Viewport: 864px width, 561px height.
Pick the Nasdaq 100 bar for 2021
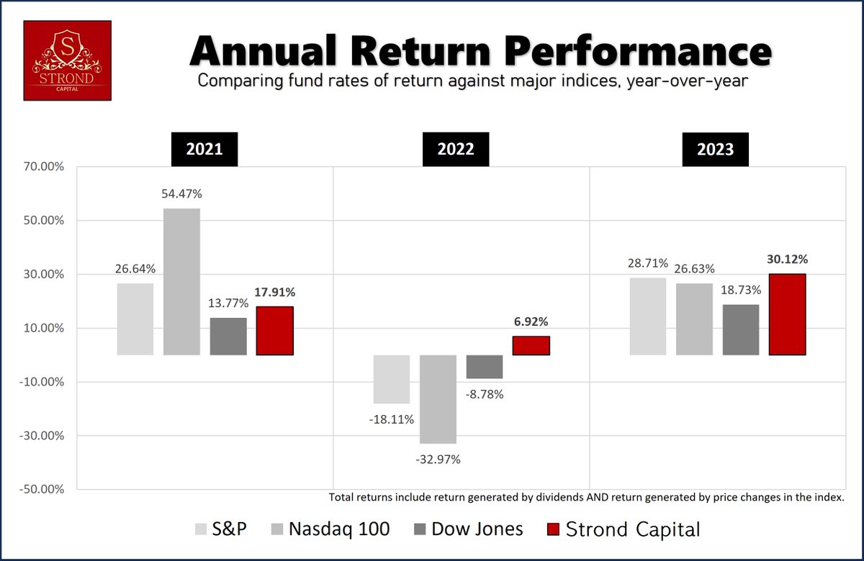click(181, 281)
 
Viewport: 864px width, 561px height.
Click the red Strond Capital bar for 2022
click(531, 345)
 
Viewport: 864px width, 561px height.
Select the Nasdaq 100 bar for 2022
click(438, 399)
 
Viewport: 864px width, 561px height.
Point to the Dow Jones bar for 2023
click(741, 329)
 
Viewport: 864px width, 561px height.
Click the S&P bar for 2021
click(135, 319)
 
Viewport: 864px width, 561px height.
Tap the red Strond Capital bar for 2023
click(787, 314)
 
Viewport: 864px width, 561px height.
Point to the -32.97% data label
click(437, 458)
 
